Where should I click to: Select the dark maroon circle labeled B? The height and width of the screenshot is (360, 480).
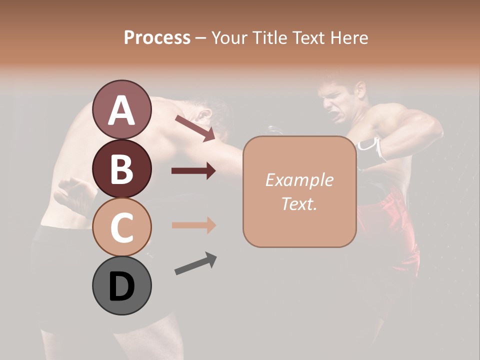[x=121, y=168]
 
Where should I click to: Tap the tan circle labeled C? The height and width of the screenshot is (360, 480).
[x=121, y=227]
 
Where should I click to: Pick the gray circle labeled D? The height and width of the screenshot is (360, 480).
[x=121, y=286]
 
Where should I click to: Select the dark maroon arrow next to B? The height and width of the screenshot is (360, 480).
[x=193, y=171]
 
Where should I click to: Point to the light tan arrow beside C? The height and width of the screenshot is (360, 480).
[x=193, y=225]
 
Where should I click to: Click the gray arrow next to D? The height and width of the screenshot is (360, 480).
[x=195, y=264]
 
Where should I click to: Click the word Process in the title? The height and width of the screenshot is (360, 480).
[x=157, y=37]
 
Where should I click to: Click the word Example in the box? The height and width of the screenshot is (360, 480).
[x=299, y=180]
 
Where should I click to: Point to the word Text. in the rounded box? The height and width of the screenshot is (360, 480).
[x=299, y=203]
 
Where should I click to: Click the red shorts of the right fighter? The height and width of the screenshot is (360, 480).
[x=395, y=220]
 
